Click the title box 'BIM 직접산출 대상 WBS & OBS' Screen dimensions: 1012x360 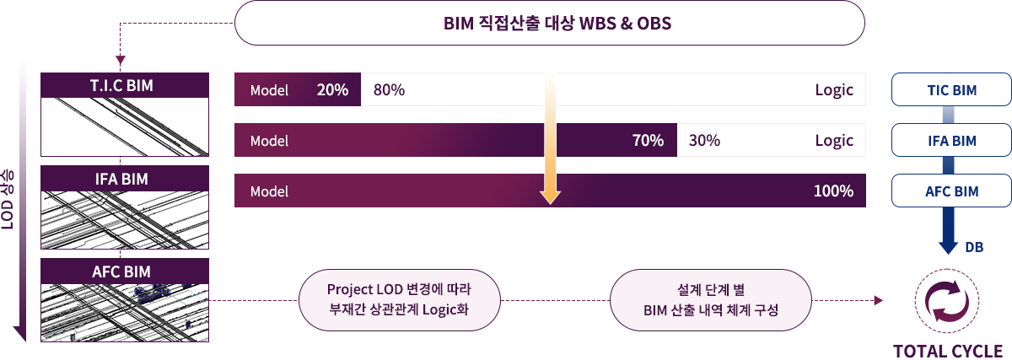pyautogui.click(x=549, y=23)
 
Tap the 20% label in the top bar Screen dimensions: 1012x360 pyautogui.click(x=332, y=90)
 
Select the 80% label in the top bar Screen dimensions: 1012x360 pyautogui.click(x=389, y=90)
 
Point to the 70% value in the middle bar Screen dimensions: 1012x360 pyautogui.click(x=648, y=141)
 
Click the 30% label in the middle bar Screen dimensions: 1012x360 pyautogui.click(x=704, y=141)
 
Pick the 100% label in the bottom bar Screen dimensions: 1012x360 pyautogui.click(x=833, y=191)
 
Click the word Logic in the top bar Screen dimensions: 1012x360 pyautogui.click(x=834, y=90)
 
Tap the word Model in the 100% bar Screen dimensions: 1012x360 pyautogui.click(x=269, y=191)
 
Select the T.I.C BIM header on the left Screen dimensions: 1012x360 pyautogui.click(x=125, y=85)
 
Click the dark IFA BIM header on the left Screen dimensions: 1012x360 pyautogui.click(x=125, y=179)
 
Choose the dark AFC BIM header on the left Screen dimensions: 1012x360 pyautogui.click(x=125, y=271)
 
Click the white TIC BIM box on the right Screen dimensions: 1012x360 pyautogui.click(x=951, y=89)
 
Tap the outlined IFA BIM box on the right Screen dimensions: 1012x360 pyautogui.click(x=951, y=140)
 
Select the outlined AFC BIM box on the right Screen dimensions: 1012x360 pyautogui.click(x=951, y=191)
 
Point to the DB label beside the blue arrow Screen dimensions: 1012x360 pyautogui.click(x=974, y=247)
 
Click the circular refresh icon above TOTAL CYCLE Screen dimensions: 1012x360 pyautogui.click(x=947, y=301)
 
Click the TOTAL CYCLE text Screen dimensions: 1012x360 pyautogui.click(x=948, y=351)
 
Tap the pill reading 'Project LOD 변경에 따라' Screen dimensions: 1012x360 pyautogui.click(x=400, y=300)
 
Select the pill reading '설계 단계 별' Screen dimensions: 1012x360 pyautogui.click(x=711, y=300)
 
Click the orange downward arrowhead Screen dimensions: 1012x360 pyautogui.click(x=550, y=198)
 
